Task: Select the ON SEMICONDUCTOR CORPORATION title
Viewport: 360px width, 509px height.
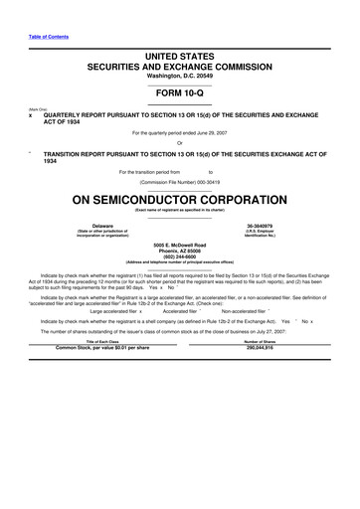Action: tap(179, 198)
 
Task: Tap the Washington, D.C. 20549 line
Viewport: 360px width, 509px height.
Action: tap(179, 77)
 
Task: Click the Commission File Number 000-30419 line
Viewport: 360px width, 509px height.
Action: tap(179, 182)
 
